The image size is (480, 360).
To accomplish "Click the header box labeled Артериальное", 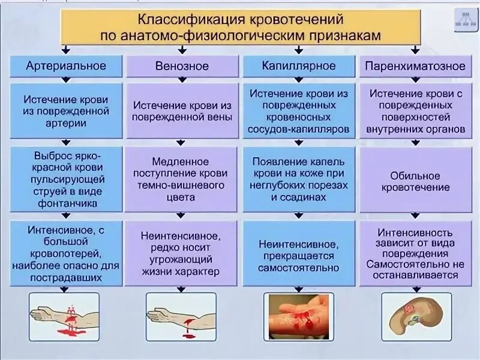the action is (66, 65).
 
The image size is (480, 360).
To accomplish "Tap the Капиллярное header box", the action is (299, 65).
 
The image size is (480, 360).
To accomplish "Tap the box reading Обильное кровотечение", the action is (415, 182).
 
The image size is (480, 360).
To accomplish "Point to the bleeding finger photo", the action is (298, 314).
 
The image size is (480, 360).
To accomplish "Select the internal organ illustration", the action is (415, 316).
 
